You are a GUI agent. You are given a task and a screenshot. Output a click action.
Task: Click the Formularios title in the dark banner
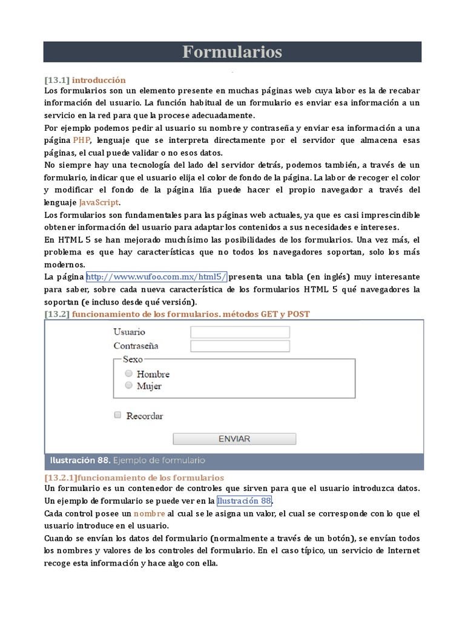[232, 52]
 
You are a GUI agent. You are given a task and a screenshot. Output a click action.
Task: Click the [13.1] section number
[58, 80]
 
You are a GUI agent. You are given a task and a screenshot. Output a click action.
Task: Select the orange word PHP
[82, 140]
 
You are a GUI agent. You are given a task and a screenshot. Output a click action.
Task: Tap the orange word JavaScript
[99, 202]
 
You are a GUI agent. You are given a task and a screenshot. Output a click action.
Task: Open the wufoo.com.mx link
[156, 277]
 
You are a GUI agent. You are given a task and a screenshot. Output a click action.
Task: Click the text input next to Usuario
[240, 332]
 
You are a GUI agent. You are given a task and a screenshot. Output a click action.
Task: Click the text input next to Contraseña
[240, 346]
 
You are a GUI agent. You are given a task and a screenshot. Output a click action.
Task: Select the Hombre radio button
[128, 374]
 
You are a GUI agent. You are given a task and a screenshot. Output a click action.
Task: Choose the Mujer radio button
[128, 385]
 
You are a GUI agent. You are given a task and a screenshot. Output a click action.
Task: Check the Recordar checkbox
[118, 415]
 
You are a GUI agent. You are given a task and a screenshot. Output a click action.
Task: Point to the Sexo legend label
[133, 359]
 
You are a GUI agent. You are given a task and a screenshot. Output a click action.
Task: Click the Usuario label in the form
[129, 332]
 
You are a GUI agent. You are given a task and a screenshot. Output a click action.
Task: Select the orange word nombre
[149, 513]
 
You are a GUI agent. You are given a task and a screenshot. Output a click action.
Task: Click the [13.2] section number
[58, 314]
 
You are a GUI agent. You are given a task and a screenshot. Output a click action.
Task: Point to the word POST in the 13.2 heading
[298, 314]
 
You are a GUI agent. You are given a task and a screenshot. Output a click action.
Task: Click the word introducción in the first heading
[99, 80]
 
